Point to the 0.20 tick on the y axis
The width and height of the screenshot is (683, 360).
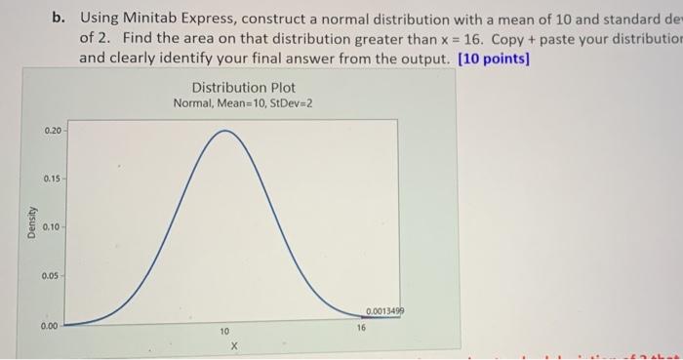point(51,130)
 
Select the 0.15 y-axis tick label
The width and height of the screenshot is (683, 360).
point(51,179)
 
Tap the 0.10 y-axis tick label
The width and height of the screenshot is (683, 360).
point(51,227)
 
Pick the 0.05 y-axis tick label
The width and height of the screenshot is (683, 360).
point(51,276)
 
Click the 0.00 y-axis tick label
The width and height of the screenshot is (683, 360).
point(51,325)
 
